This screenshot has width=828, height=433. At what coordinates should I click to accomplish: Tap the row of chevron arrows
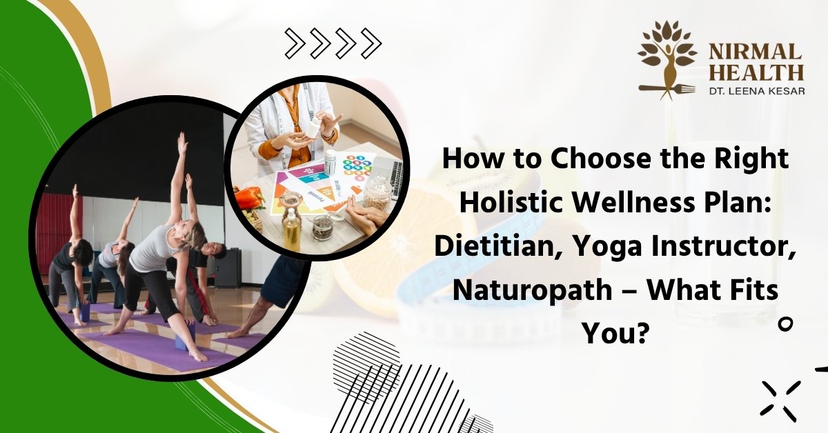(333, 44)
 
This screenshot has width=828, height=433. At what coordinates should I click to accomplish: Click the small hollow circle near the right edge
(785, 323)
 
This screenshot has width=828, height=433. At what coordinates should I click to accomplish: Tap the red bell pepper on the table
(249, 197)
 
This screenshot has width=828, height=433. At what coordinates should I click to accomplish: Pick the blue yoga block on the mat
(185, 338)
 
